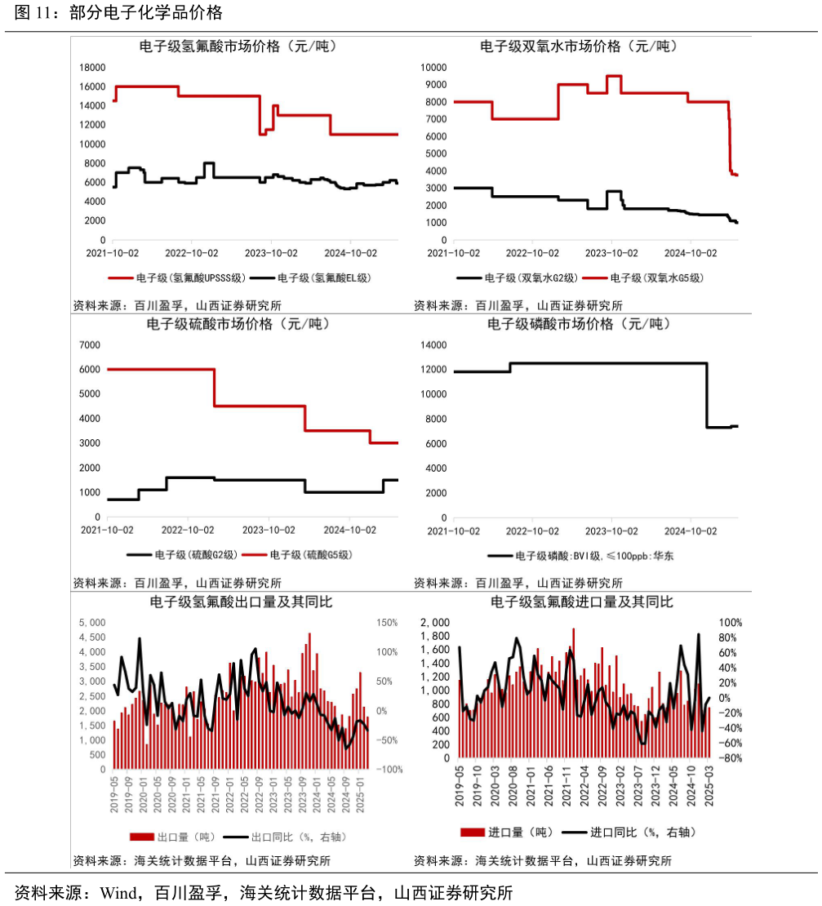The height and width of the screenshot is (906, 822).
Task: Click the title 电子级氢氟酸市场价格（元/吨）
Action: [x=238, y=47]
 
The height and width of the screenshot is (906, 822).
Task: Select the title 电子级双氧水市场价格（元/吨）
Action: [x=579, y=47]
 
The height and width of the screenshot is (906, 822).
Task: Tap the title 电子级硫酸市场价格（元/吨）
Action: [x=238, y=324]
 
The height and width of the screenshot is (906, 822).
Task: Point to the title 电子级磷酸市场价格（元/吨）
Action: [x=579, y=324]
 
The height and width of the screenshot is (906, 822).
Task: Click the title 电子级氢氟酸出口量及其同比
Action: [x=238, y=602]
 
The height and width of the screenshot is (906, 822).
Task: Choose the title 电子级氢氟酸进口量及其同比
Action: [x=579, y=602]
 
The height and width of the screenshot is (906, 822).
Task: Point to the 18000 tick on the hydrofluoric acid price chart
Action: [x=91, y=68]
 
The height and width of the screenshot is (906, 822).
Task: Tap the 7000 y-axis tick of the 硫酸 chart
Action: [x=90, y=345]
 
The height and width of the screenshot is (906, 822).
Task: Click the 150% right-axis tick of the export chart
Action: [x=387, y=623]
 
